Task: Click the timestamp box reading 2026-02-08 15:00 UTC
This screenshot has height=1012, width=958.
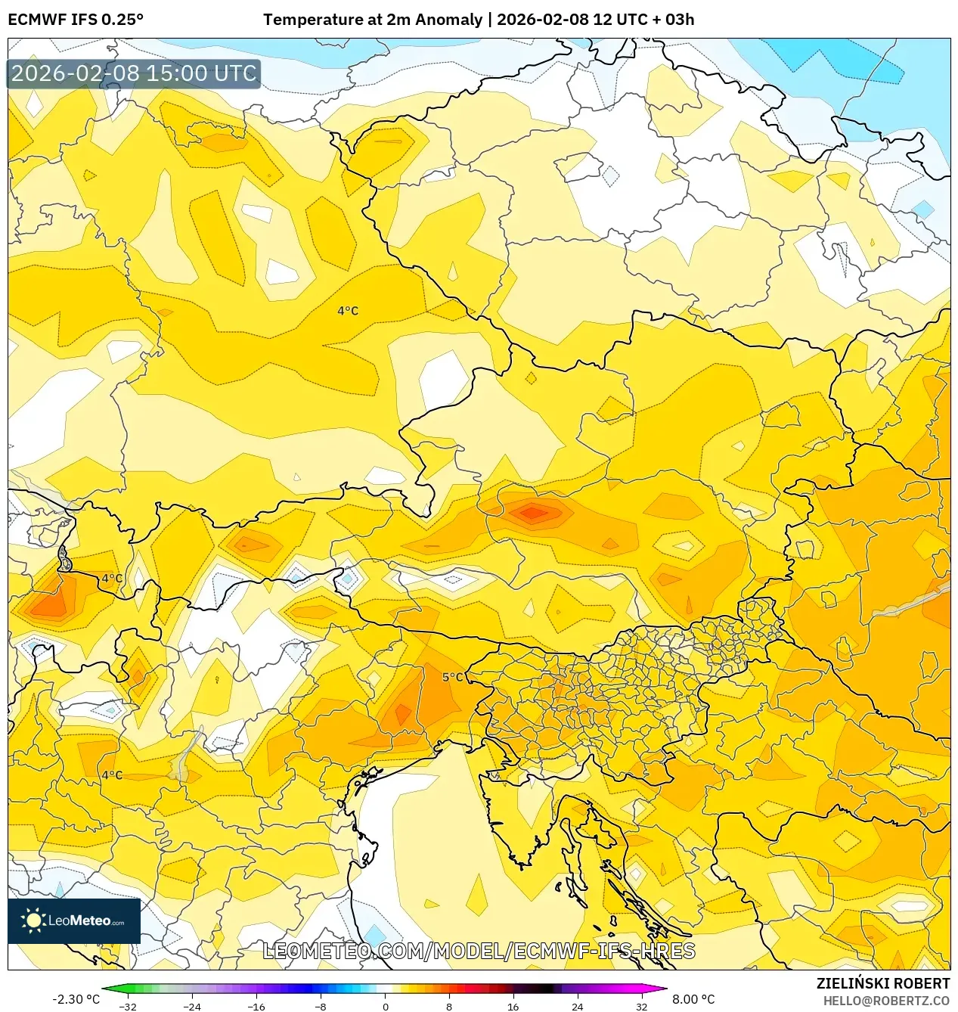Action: [x=134, y=73]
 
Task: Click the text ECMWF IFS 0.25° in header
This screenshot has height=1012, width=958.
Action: [x=76, y=20]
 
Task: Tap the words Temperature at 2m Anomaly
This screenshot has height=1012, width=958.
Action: [x=373, y=20]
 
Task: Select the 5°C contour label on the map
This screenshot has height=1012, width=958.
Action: [x=453, y=677]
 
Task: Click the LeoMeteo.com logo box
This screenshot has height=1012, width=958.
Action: [x=74, y=920]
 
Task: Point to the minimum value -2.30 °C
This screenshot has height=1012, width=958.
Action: [x=76, y=999]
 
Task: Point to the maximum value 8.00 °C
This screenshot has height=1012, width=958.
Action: [x=693, y=999]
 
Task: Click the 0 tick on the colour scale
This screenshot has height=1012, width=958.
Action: [x=385, y=1006]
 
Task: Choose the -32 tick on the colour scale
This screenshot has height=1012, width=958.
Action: [x=129, y=1006]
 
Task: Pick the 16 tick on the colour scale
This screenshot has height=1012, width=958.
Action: [x=513, y=1006]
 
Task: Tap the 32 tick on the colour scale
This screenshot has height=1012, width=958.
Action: [x=641, y=1006]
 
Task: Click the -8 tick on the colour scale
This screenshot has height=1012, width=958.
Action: [x=321, y=1006]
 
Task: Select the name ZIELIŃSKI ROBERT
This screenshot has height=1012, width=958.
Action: [x=882, y=983]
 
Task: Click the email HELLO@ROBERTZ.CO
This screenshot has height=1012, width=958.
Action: [x=886, y=1001]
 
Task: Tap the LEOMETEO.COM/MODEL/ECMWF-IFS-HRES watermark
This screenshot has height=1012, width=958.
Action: [x=479, y=951]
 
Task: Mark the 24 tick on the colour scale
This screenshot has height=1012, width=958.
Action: [x=578, y=1006]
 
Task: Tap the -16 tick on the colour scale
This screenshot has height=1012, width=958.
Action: [x=256, y=1006]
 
